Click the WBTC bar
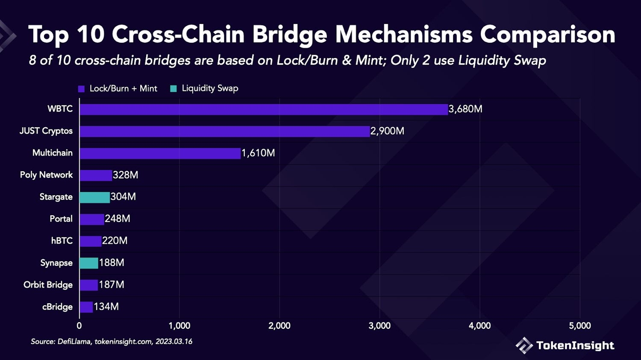264,109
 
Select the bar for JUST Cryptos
224,131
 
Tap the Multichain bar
160,153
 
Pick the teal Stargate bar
94,197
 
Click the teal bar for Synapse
89,263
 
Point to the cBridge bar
86,307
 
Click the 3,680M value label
465,109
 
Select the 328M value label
125,175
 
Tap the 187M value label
112,285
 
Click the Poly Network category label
46,175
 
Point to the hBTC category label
62,241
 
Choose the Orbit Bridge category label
48,285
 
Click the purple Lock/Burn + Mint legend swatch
82,89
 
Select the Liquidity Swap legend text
210,88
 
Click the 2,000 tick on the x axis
279,326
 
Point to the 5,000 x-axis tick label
580,326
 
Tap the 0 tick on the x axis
79,326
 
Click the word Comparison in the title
547,35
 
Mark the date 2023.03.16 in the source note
174,342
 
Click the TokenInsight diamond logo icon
524,345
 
